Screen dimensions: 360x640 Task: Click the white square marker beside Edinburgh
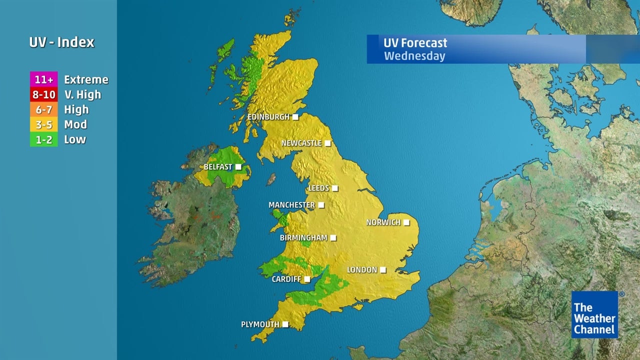[295, 117]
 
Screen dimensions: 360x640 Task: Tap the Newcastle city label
[301, 143]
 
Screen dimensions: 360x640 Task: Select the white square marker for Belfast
[238, 167]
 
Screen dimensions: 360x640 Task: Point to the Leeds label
[318, 188]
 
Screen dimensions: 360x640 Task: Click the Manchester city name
[291, 205]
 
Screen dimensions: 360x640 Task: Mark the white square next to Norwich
[406, 222]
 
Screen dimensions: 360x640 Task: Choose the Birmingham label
[303, 238]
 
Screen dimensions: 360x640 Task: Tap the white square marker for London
[383, 270]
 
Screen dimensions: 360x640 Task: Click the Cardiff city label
[286, 279]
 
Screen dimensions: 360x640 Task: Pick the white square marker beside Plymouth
[285, 324]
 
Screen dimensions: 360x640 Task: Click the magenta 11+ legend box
[44, 79]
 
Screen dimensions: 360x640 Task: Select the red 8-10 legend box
[44, 94]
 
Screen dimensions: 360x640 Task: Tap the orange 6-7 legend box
[44, 109]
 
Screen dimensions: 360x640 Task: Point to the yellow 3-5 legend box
[44, 124]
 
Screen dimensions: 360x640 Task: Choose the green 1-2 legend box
[44, 139]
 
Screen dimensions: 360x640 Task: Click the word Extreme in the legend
[86, 79]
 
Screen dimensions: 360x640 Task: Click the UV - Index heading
[61, 42]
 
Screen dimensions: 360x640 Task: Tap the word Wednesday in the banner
[414, 56]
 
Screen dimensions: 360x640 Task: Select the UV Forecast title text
[415, 43]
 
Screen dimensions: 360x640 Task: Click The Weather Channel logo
[594, 314]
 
